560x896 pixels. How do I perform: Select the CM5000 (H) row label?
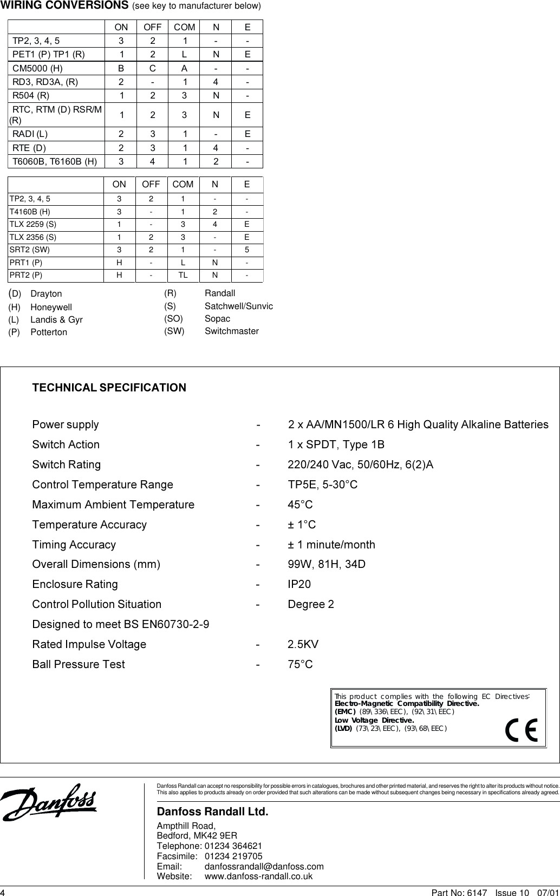click(37, 68)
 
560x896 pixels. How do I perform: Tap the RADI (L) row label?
click(30, 134)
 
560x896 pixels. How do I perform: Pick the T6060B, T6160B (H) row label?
click(55, 161)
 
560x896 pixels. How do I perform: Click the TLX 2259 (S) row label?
click(32, 224)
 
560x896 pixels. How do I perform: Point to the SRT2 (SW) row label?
click(30, 250)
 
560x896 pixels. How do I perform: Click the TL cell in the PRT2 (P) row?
click(183, 274)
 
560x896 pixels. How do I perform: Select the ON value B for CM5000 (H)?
click(121, 68)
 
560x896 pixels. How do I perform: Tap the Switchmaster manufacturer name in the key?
click(231, 331)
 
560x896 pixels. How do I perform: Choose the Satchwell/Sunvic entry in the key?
click(238, 306)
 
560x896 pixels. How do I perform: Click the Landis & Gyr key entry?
click(56, 319)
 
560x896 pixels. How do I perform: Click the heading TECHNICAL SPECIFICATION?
click(109, 388)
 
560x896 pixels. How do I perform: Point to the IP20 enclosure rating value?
click(299, 584)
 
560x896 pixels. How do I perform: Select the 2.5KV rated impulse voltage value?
click(303, 644)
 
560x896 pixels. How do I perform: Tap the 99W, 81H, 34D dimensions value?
click(326, 564)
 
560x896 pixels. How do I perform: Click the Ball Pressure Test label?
click(79, 664)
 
